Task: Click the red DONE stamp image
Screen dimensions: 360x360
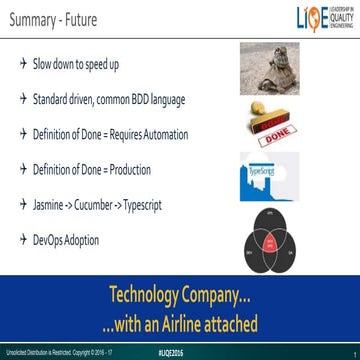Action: pyautogui.click(x=267, y=119)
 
